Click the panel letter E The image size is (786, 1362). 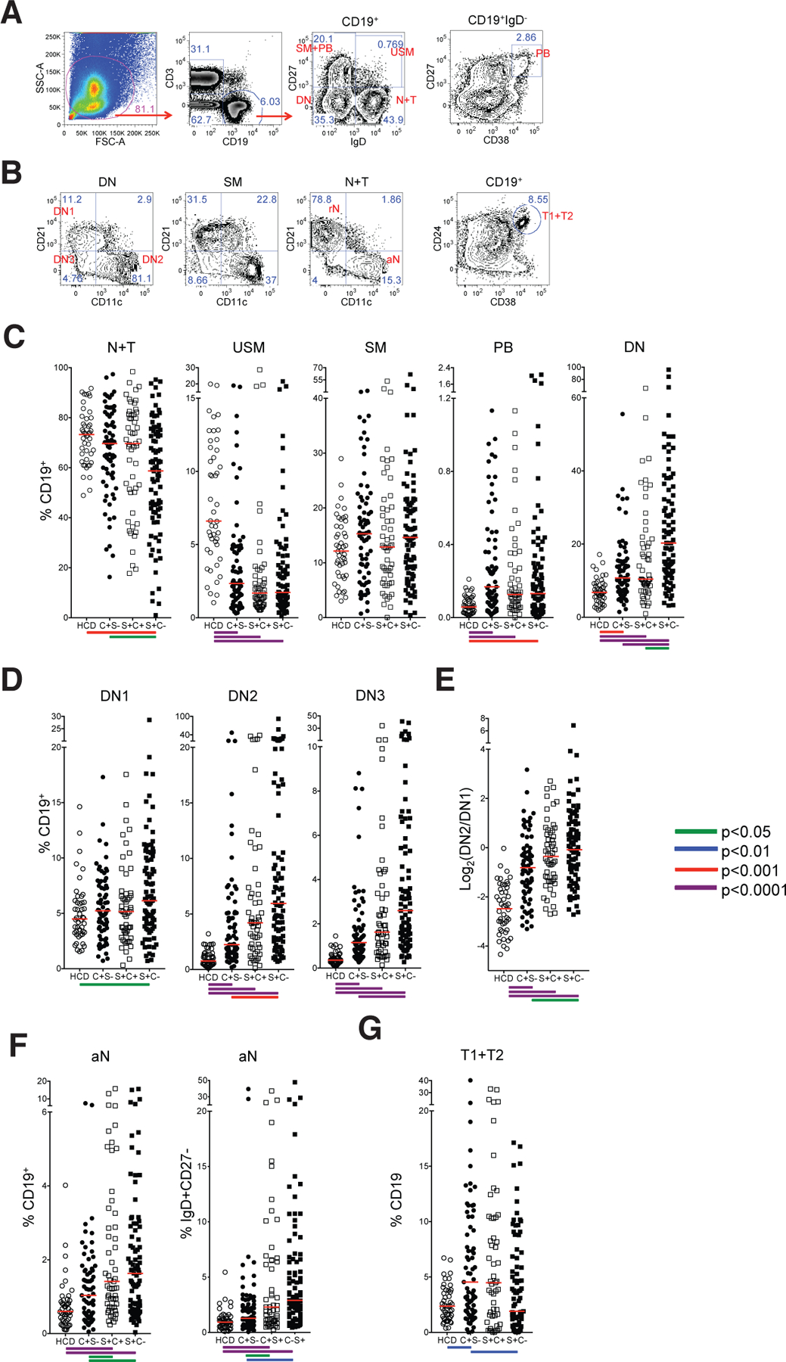click(445, 679)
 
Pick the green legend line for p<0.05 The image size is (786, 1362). click(695, 832)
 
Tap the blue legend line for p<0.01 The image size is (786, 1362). click(695, 850)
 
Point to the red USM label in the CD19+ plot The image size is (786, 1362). click(402, 51)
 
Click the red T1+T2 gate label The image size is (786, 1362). click(558, 216)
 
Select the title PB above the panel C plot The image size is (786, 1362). click(503, 347)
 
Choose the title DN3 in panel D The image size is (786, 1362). click(370, 695)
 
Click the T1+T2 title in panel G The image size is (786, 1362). click(482, 1055)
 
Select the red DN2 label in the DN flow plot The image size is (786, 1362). click(153, 260)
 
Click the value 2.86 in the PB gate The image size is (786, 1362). click(526, 38)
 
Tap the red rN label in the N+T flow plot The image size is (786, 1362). click(334, 209)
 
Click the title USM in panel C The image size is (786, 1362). click(249, 347)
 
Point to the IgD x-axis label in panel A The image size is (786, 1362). click(357, 141)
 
